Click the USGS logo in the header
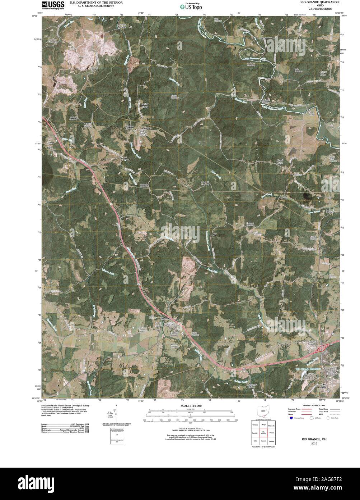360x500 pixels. click(x=53, y=5)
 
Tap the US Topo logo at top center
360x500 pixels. click(x=191, y=6)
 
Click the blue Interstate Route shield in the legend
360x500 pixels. click(x=291, y=418)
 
